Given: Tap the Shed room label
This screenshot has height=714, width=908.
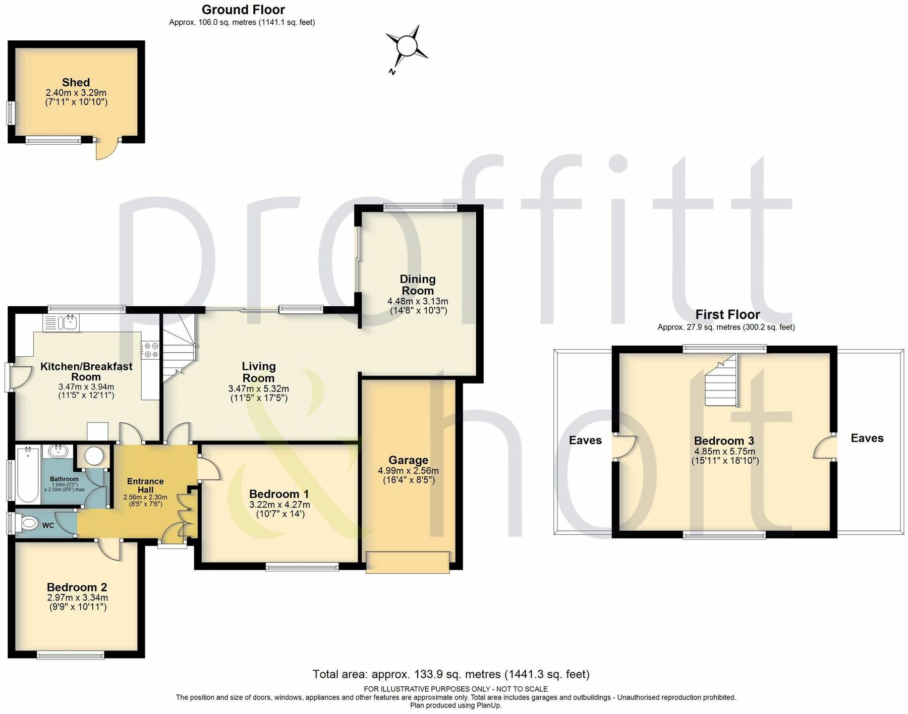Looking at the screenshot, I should (x=76, y=82).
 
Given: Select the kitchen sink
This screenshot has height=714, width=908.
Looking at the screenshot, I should (x=66, y=323).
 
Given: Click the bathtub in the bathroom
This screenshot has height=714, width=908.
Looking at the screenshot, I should (x=28, y=474).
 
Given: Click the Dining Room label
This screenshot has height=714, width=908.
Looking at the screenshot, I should (x=417, y=285).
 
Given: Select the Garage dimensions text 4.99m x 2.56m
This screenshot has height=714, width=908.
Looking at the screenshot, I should (x=408, y=471).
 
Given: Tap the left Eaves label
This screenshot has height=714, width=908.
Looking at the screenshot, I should (x=585, y=440).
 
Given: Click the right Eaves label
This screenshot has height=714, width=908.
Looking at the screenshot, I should (x=867, y=438).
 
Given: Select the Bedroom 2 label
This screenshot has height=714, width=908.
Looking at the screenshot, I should (x=77, y=587).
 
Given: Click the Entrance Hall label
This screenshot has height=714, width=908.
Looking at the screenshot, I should (x=145, y=485).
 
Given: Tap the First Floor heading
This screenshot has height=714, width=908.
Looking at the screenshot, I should (x=727, y=314).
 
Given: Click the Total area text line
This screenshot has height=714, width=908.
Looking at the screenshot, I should (x=450, y=674).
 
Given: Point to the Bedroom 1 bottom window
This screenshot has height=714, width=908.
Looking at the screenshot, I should (x=302, y=567).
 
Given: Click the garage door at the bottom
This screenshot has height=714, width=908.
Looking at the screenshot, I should (x=408, y=562).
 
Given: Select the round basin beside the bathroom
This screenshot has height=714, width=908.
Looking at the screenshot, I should (x=94, y=456).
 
